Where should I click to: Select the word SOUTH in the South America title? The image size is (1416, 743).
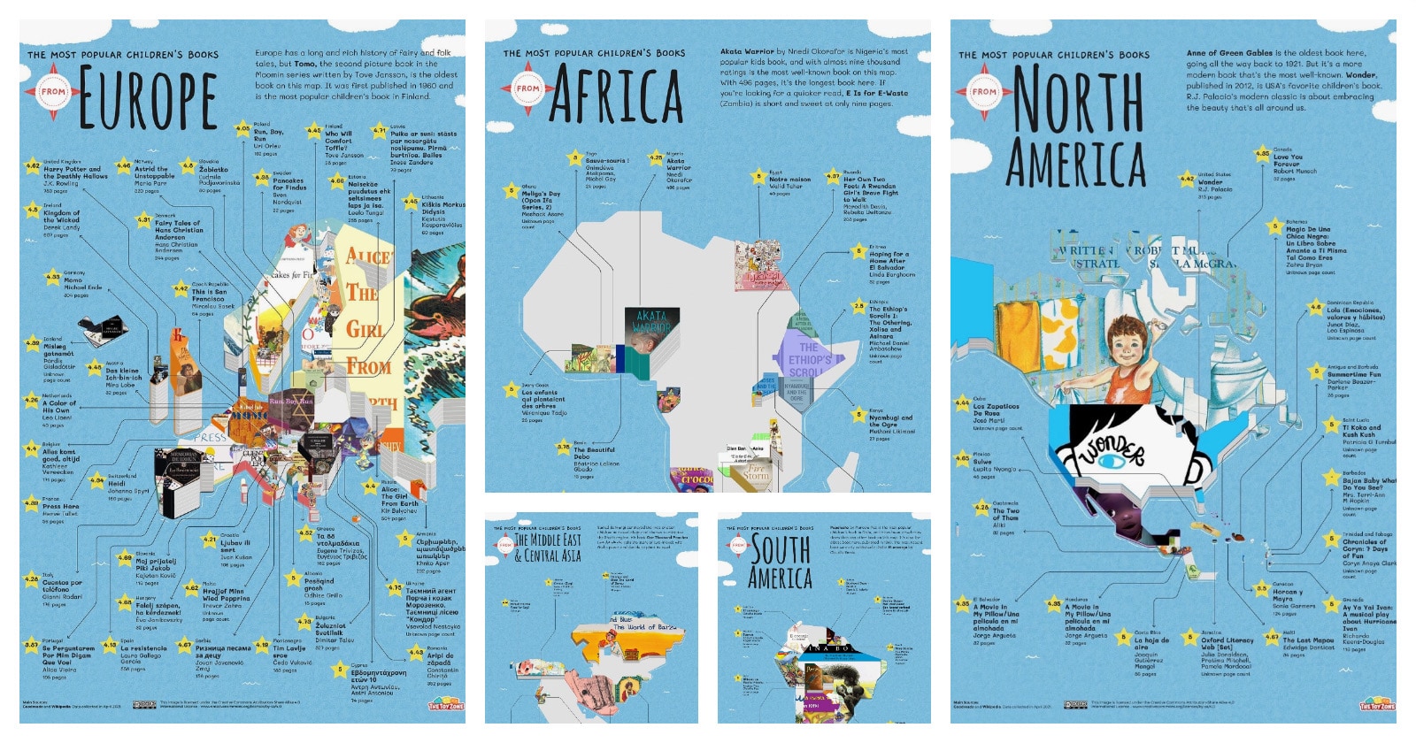coord(781,550)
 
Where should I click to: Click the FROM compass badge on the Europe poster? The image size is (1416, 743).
coord(53,91)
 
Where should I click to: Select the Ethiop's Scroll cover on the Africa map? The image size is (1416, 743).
coord(809,359)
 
